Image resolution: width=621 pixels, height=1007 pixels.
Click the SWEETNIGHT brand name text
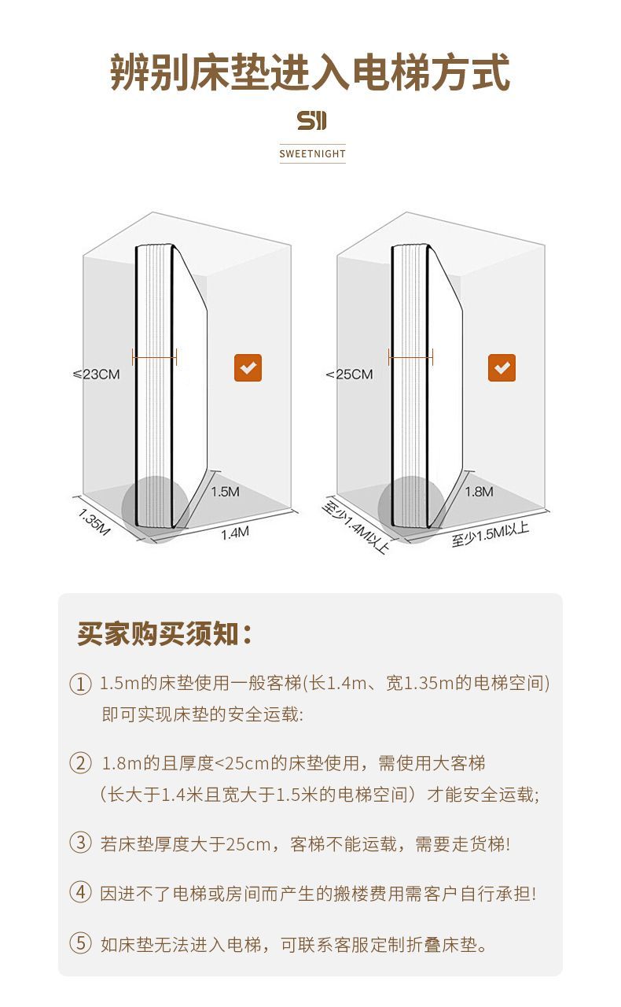(312, 153)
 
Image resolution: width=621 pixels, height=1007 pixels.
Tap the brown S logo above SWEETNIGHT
(312, 120)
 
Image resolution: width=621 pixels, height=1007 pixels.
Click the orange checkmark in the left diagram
(248, 367)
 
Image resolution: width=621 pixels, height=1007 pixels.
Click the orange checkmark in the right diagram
(502, 367)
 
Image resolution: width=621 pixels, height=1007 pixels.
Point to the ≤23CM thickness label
(97, 374)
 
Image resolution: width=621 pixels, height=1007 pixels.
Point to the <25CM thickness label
(350, 374)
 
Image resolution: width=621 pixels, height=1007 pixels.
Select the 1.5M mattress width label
(225, 492)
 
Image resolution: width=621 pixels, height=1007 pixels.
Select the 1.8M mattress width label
(479, 492)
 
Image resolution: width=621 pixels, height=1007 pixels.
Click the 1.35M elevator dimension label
(94, 522)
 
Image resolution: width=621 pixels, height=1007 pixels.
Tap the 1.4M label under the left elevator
(235, 533)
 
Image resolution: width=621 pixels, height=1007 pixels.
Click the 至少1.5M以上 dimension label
(491, 535)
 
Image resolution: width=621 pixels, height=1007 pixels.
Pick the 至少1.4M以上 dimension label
(355, 527)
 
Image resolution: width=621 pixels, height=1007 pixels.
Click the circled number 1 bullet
(80, 684)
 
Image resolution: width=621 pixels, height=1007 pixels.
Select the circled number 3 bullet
(80, 842)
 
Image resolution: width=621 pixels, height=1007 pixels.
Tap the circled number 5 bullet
(80, 942)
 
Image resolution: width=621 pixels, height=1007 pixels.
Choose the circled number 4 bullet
(80, 891)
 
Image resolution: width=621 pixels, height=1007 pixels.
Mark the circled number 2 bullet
(80, 763)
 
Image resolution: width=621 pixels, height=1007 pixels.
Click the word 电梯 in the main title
(391, 72)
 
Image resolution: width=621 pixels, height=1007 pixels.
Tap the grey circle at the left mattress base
(155, 510)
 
